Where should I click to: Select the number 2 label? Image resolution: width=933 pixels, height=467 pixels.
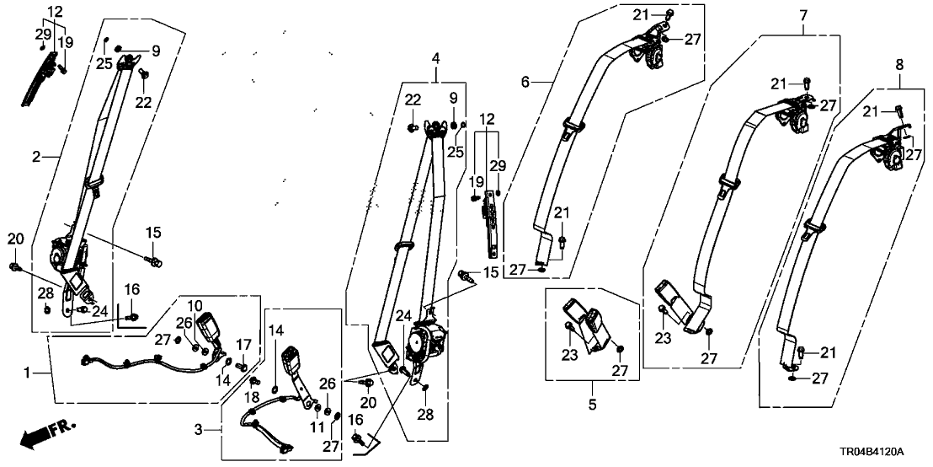click(36, 156)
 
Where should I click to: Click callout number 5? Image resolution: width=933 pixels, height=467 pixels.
click(592, 405)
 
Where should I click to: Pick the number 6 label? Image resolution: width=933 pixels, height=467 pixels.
click(525, 82)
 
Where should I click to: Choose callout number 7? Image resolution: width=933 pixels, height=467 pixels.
click(802, 15)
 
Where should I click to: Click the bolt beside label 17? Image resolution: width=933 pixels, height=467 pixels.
click(243, 366)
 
